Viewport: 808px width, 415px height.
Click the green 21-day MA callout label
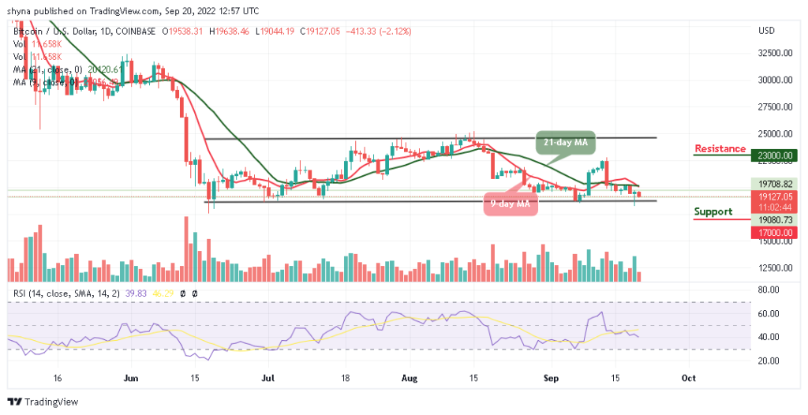567,142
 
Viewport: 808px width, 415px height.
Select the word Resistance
720,148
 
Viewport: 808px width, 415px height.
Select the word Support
713,211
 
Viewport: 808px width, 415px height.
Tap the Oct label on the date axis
688,379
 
